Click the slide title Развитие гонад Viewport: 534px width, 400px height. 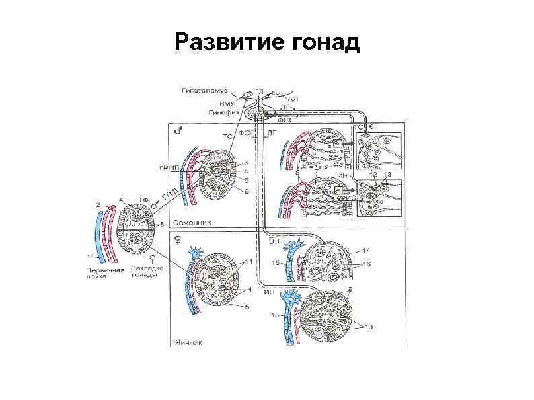(x=267, y=43)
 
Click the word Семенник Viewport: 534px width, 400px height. (x=193, y=221)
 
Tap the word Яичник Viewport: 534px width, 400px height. (x=190, y=341)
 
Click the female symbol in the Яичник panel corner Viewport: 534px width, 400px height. (x=177, y=239)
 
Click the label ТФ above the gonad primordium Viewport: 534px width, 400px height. (x=143, y=200)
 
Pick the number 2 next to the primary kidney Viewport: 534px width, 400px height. (x=98, y=204)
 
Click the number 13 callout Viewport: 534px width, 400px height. (x=386, y=175)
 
